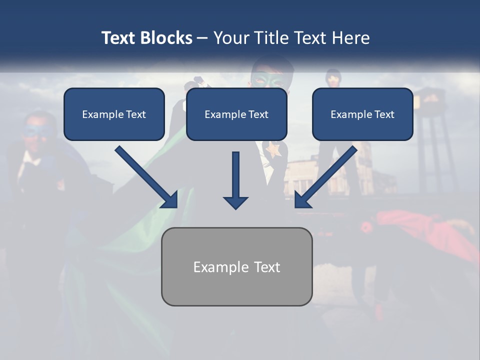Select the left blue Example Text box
(x=114, y=114)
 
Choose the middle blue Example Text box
(x=236, y=114)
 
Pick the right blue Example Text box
(x=362, y=114)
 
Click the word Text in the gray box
(x=267, y=267)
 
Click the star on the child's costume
(x=273, y=148)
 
